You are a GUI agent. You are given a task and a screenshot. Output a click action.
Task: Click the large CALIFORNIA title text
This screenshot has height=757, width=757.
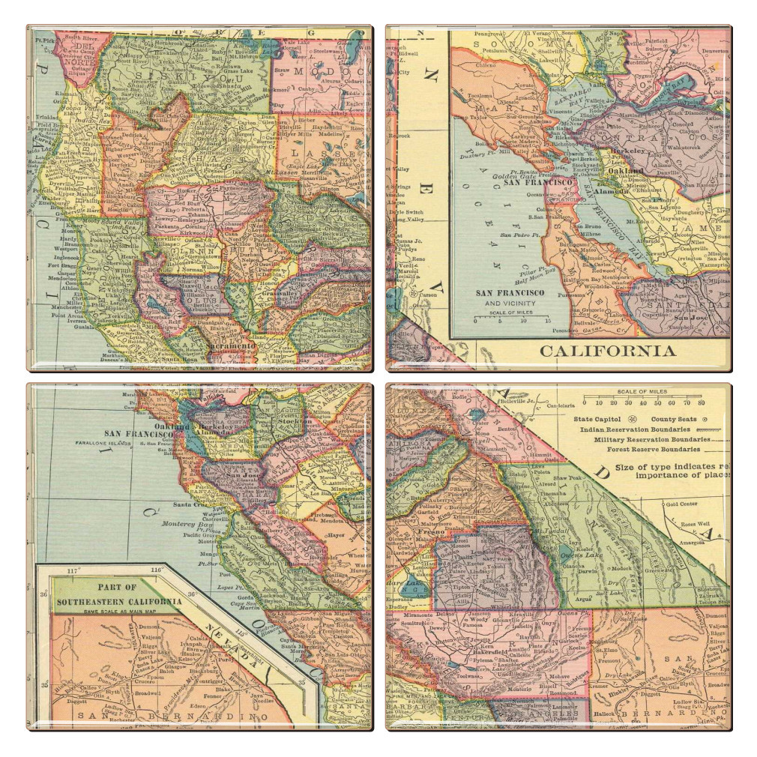pyautogui.click(x=607, y=351)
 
